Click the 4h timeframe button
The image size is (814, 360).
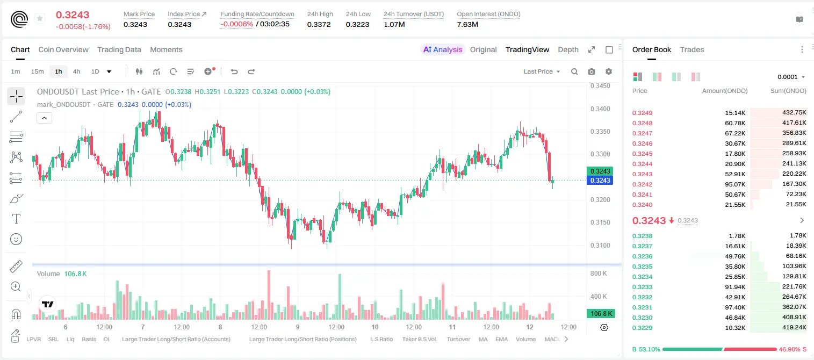tap(76, 71)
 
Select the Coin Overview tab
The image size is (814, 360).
tap(63, 49)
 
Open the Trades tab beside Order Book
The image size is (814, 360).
tap(691, 49)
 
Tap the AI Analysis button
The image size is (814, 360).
tap(443, 49)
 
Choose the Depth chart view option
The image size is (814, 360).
tap(568, 49)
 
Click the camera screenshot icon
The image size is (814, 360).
tap(591, 71)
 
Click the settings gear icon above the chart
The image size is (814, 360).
tap(609, 71)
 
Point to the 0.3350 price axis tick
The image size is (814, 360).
tap(600, 132)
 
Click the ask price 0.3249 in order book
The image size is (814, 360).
tap(642, 113)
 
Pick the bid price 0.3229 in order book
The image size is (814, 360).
tap(642, 328)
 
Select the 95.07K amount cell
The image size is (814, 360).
tap(735, 184)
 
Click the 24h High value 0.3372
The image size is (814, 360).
tap(319, 24)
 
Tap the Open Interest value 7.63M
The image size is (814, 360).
tap(467, 24)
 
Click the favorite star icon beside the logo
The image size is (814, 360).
tap(40, 18)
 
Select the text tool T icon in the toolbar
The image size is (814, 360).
tap(16, 219)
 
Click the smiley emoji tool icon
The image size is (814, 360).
tap(16, 239)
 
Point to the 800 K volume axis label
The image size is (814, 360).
tap(599, 273)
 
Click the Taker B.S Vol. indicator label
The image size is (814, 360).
tap(419, 339)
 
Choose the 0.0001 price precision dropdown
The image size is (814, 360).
tap(791, 77)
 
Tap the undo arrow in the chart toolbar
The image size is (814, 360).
tap(234, 71)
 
